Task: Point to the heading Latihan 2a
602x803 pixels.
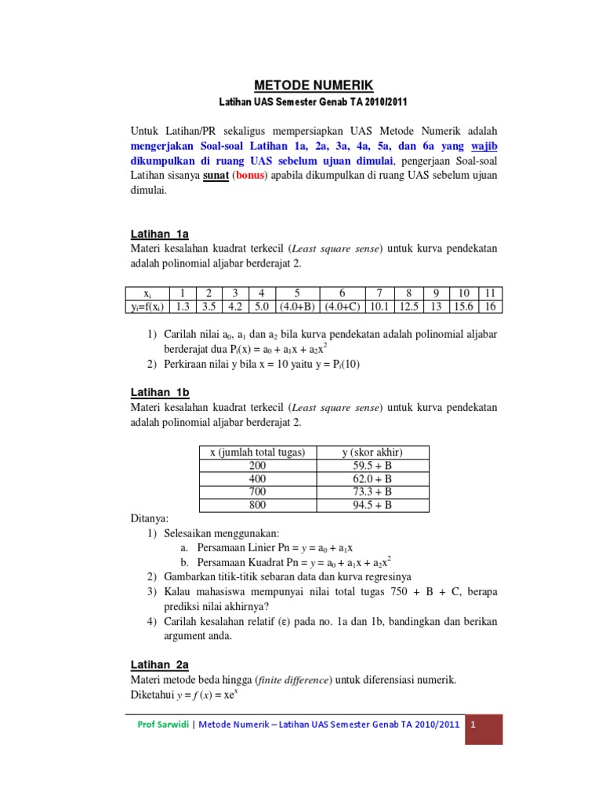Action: pyautogui.click(x=159, y=664)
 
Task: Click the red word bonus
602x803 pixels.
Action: pyautogui.click(x=249, y=174)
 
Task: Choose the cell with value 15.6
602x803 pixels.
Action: pyautogui.click(x=464, y=307)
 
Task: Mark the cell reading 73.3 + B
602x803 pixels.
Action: pyautogui.click(x=372, y=492)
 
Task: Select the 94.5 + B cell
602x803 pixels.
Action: pyautogui.click(x=372, y=505)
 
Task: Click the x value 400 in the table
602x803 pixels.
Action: pyautogui.click(x=257, y=478)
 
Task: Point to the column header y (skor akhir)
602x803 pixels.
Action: pyautogui.click(x=372, y=452)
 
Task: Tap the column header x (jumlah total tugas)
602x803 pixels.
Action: pyautogui.click(x=257, y=452)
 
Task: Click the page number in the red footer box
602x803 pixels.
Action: pyautogui.click(x=474, y=725)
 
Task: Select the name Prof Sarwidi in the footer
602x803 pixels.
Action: pyautogui.click(x=162, y=725)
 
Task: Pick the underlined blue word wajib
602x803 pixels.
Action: pyautogui.click(x=482, y=146)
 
